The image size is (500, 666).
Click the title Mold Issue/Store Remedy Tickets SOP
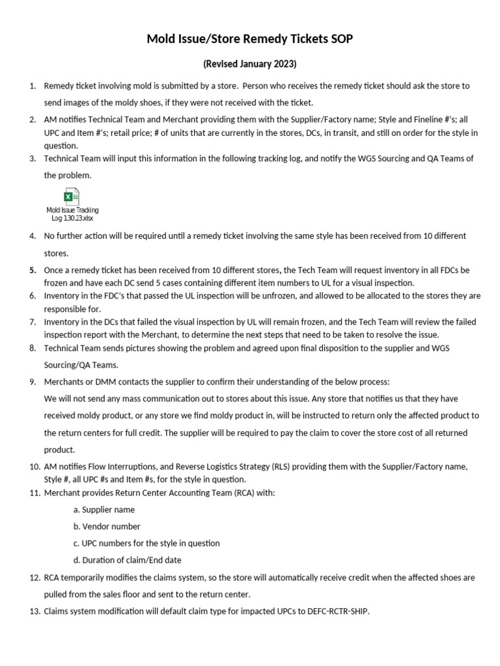pyautogui.click(x=250, y=40)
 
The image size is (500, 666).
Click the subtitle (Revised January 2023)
pyautogui.click(x=250, y=64)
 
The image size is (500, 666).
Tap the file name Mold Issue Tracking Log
pyautogui.click(x=72, y=214)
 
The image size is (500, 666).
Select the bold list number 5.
pyautogui.click(x=33, y=269)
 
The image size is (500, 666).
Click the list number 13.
pyautogui.click(x=35, y=611)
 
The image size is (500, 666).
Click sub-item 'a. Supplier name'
pyautogui.click(x=104, y=510)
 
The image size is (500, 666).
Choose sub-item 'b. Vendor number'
pyautogui.click(x=107, y=527)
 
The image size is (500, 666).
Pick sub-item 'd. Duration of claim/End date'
pyautogui.click(x=127, y=560)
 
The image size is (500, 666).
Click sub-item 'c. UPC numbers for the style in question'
pyautogui.click(x=146, y=543)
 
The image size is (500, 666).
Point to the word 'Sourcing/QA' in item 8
pyautogui.click(x=68, y=365)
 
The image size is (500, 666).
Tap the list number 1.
pyautogui.click(x=33, y=86)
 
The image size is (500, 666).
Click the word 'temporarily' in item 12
pyautogui.click(x=86, y=578)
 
